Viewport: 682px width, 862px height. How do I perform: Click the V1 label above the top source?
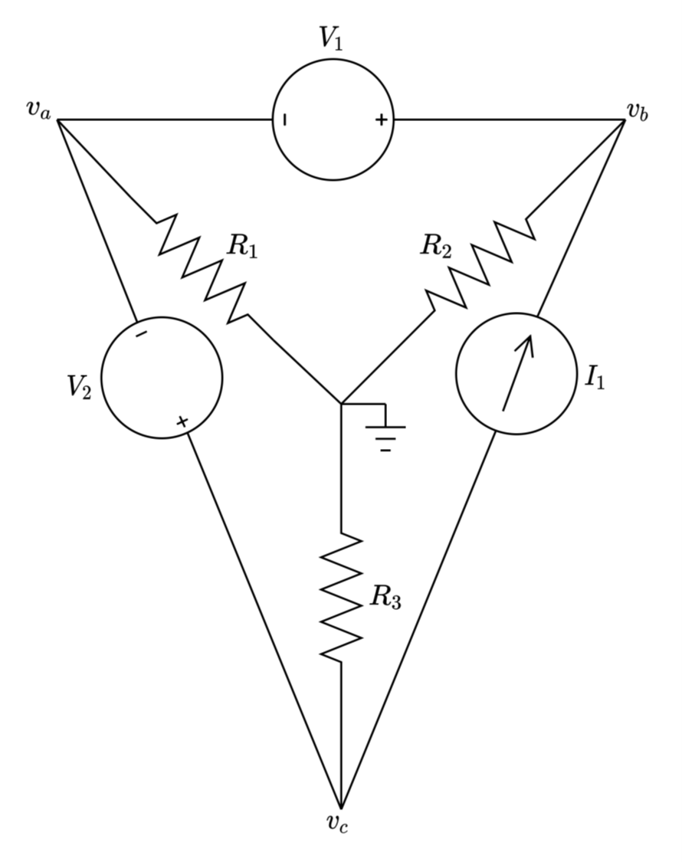coord(331,38)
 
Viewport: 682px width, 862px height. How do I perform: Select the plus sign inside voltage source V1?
coord(382,120)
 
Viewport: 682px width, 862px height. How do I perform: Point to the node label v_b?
coord(638,111)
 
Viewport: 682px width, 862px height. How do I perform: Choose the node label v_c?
coord(338,823)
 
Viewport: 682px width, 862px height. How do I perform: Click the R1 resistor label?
coord(242,247)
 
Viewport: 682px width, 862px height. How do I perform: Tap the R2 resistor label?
coord(436,247)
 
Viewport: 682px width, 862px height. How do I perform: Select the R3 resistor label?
coord(385,597)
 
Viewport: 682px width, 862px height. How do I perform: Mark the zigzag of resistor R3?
coord(341,596)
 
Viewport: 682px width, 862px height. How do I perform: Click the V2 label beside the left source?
coord(79,386)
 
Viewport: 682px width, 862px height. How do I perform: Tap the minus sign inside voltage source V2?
coord(141,333)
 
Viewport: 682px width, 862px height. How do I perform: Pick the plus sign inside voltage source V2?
coord(182,421)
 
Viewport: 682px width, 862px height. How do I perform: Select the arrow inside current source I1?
coord(517,374)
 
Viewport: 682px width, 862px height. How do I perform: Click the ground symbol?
coord(385,437)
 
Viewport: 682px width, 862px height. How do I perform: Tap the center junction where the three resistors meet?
coord(341,402)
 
